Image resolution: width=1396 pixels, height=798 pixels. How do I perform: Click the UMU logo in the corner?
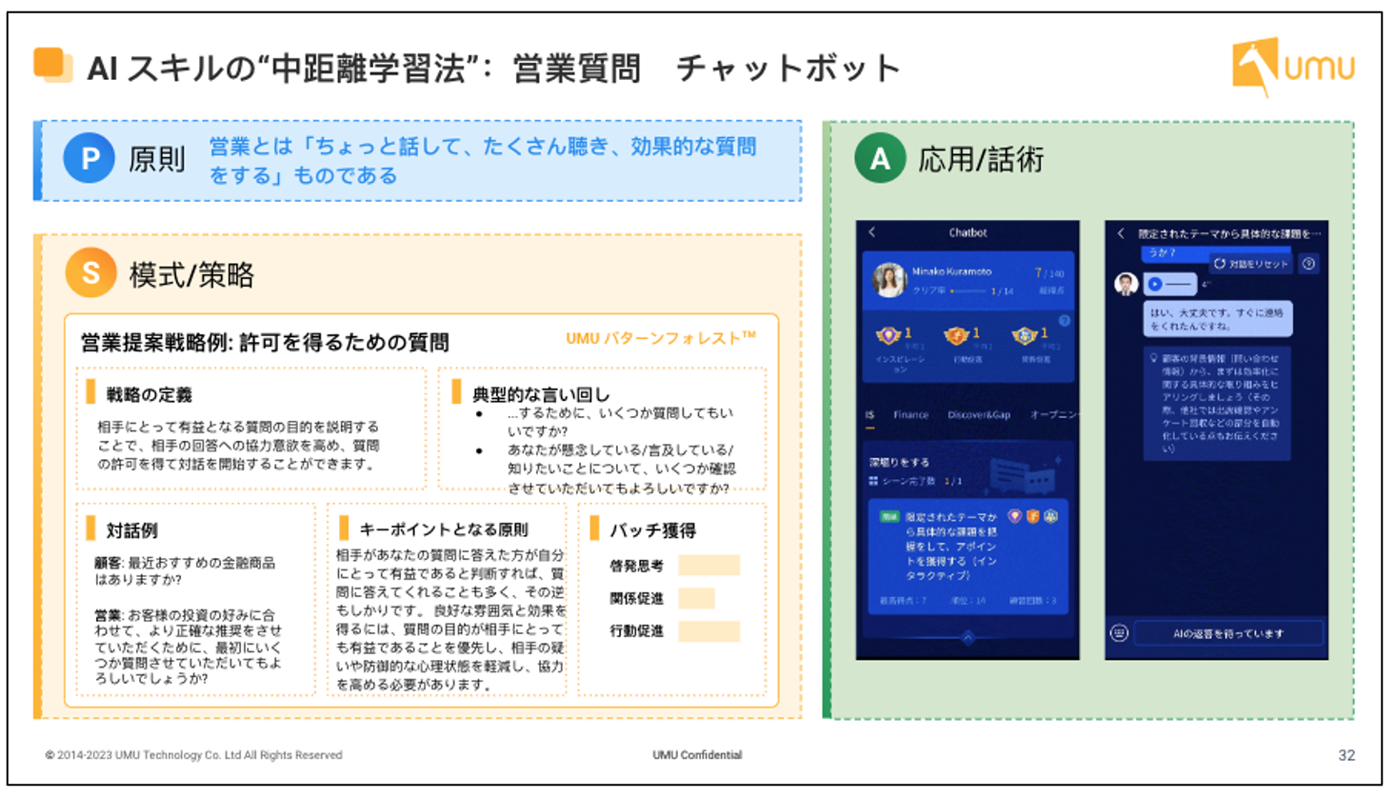coord(1292,67)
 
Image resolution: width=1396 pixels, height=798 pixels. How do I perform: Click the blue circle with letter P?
coord(90,158)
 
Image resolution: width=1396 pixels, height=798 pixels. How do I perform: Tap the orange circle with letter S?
coord(91,272)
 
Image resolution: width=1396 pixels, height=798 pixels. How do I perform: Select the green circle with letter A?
coord(880,158)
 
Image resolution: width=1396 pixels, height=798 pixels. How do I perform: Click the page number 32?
coord(1346,755)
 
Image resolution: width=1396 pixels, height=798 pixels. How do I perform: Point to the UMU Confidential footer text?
coord(697,755)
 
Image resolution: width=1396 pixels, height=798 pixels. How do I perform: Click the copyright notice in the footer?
coord(193,755)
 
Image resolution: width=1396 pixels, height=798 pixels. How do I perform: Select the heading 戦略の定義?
coord(149,394)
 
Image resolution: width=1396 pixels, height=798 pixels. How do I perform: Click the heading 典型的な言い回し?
coord(541,394)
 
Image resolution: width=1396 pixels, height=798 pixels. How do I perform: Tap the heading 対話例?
coord(131,530)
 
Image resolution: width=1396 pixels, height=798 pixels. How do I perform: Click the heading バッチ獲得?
coord(652,530)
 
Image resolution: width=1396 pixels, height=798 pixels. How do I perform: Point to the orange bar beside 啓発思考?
coord(708,566)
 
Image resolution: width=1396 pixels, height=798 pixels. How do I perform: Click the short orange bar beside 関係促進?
coord(696,598)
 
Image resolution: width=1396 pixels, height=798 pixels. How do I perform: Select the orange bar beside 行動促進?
coord(708,630)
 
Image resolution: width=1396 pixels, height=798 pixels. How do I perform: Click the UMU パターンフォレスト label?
coord(660,338)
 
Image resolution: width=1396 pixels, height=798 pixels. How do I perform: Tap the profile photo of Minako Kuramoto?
coord(889,280)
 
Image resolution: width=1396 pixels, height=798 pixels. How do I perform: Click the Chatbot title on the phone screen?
coord(967,232)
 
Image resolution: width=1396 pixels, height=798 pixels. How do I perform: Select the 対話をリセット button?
coord(1251,264)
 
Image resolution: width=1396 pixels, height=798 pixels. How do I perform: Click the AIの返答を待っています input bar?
coord(1227,633)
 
